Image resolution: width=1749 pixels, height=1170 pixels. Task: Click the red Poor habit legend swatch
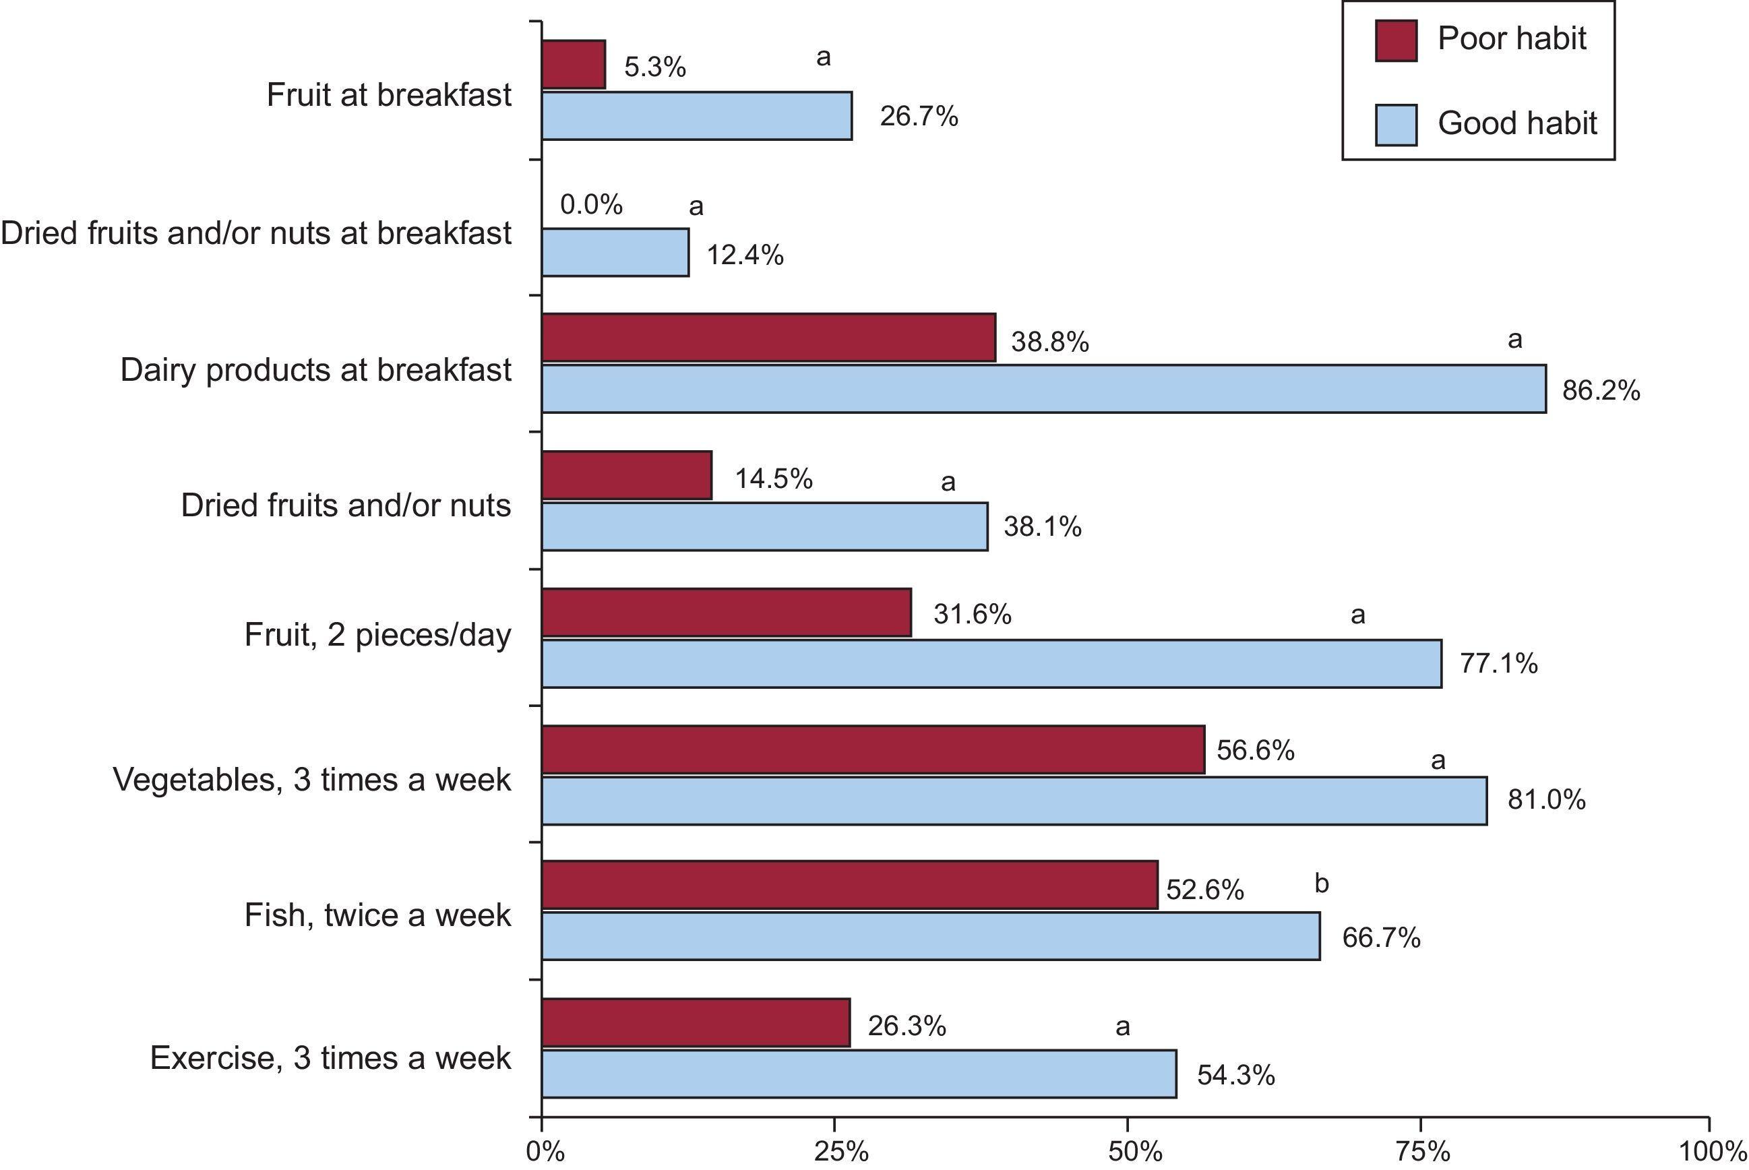click(1395, 40)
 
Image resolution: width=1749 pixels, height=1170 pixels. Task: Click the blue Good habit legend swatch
click(1395, 125)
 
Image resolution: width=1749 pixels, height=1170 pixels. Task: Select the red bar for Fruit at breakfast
click(573, 64)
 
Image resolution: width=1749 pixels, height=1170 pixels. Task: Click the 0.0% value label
click(591, 204)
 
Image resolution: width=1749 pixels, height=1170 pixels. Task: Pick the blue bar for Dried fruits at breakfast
click(615, 252)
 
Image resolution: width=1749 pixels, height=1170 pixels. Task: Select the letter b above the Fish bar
click(1322, 884)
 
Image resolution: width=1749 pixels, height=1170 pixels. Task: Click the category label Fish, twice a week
click(377, 915)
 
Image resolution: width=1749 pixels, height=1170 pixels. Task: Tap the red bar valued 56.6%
click(873, 749)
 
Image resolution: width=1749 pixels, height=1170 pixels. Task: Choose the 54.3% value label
click(1235, 1075)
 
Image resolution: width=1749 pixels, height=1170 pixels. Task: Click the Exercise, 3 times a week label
click(330, 1058)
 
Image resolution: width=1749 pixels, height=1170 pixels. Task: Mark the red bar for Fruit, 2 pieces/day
click(726, 613)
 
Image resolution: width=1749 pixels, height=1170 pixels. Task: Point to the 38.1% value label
click(1043, 527)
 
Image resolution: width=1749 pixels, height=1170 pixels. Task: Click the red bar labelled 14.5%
click(627, 475)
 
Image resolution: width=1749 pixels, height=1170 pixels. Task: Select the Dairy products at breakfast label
click(315, 370)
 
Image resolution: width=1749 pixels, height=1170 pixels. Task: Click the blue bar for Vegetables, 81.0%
click(1014, 801)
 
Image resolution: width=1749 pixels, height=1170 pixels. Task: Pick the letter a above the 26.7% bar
click(823, 57)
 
